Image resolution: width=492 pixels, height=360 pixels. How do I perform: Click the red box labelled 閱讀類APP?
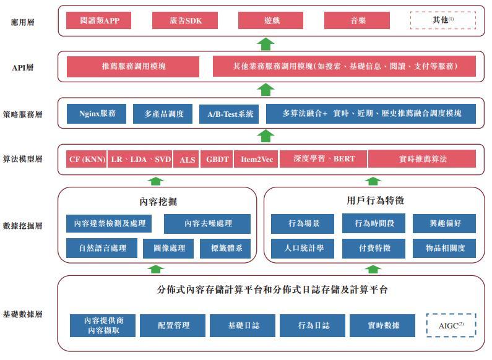(x=100, y=20)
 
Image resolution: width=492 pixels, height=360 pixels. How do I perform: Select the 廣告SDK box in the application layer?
(x=186, y=20)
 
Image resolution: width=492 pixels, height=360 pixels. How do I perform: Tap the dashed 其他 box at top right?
(x=442, y=20)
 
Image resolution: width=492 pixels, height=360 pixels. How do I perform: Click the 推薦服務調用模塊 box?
(x=134, y=66)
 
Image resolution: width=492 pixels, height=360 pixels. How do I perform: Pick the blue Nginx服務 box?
(x=97, y=114)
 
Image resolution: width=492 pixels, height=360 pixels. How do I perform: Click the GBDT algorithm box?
(x=217, y=159)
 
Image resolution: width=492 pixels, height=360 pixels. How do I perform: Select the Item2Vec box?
(x=256, y=159)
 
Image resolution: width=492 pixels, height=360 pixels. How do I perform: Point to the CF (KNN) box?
(x=86, y=159)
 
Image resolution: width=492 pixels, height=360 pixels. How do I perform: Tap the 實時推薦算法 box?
(x=422, y=159)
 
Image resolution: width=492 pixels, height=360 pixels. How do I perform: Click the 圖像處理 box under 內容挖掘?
(x=164, y=248)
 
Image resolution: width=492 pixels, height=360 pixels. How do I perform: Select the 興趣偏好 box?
(x=444, y=223)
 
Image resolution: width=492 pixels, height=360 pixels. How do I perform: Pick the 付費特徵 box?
(x=374, y=248)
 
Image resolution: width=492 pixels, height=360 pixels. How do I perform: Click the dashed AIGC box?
(x=451, y=325)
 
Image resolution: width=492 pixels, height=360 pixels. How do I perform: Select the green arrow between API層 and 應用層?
(x=265, y=43)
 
